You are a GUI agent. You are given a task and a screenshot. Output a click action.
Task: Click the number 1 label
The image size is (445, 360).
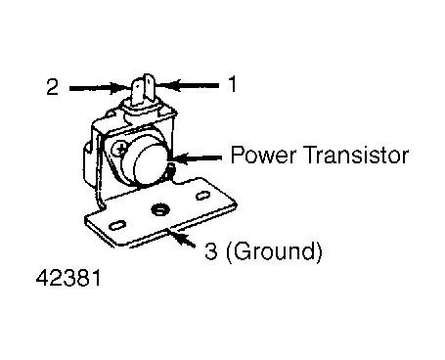[233, 84]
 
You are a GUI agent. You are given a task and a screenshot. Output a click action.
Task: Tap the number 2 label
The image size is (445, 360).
[53, 87]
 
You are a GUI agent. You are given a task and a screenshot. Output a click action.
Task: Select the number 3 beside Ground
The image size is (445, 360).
[211, 251]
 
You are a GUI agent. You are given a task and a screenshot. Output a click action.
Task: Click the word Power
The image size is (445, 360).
[263, 156]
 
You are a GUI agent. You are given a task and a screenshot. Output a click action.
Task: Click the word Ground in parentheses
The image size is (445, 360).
[275, 251]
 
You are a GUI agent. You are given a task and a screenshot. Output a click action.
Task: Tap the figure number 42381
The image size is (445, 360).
[68, 278]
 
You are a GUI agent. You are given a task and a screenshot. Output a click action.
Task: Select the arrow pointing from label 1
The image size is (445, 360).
[187, 86]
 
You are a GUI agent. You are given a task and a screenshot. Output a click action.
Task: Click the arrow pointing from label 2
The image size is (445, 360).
[99, 88]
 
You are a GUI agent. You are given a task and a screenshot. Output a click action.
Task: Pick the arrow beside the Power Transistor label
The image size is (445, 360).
[197, 158]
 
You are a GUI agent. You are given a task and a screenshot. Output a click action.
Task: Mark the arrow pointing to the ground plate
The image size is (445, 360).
[182, 239]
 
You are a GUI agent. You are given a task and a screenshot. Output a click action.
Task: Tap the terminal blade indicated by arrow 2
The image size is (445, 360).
[138, 92]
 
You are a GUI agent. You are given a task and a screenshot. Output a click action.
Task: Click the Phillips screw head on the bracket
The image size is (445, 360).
[120, 150]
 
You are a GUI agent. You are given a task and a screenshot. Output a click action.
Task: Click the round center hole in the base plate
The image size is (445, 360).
[159, 209]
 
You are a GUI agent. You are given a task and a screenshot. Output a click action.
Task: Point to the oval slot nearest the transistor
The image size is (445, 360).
[202, 196]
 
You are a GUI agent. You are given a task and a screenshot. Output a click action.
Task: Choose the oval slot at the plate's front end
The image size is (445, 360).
[117, 226]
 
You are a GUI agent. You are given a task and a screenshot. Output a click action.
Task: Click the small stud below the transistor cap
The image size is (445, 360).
[171, 169]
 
